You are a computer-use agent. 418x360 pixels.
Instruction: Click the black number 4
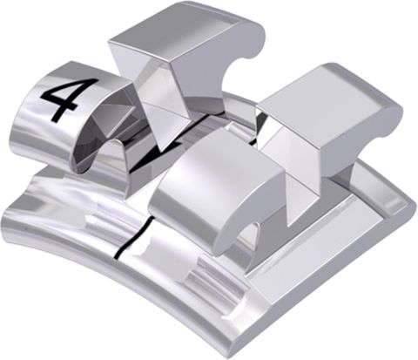pos(59,100)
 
